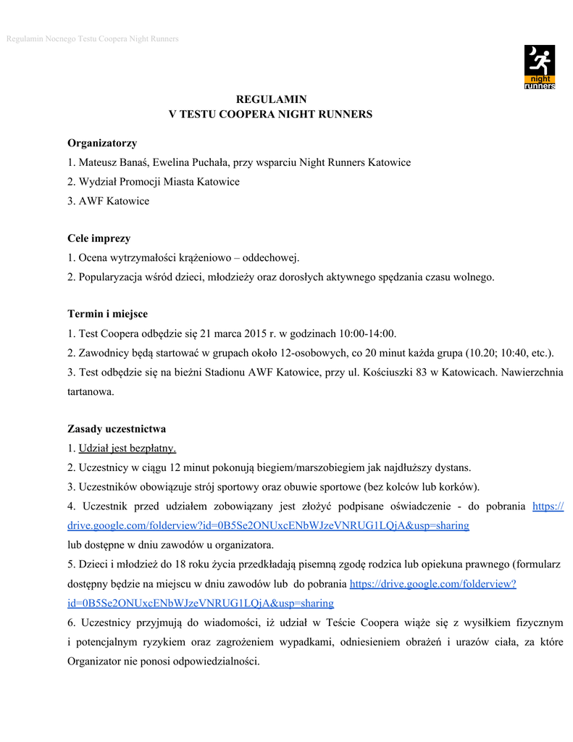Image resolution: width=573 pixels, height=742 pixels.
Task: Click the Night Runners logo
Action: coord(539,67)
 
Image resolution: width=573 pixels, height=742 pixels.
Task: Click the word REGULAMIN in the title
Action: coord(272,99)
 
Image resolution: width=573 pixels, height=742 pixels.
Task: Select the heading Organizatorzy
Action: coord(102,143)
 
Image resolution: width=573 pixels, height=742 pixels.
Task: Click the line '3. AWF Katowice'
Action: coord(108,201)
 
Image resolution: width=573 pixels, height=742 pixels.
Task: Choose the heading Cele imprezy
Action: coord(99,238)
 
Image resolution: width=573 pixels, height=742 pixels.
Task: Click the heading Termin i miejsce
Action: coord(107,314)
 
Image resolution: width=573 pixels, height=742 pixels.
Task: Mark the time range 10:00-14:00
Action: coord(363,333)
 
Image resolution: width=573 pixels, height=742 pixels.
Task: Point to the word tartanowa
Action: coord(91,391)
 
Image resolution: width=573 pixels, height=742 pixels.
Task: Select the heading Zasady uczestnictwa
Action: coord(117,428)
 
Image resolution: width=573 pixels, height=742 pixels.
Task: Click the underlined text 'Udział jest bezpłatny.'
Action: coord(127,448)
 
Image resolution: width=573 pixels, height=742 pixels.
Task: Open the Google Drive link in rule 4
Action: coord(268,525)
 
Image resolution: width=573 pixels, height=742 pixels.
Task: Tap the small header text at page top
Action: coord(92,38)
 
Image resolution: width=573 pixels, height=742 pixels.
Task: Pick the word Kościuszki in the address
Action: coord(390,372)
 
